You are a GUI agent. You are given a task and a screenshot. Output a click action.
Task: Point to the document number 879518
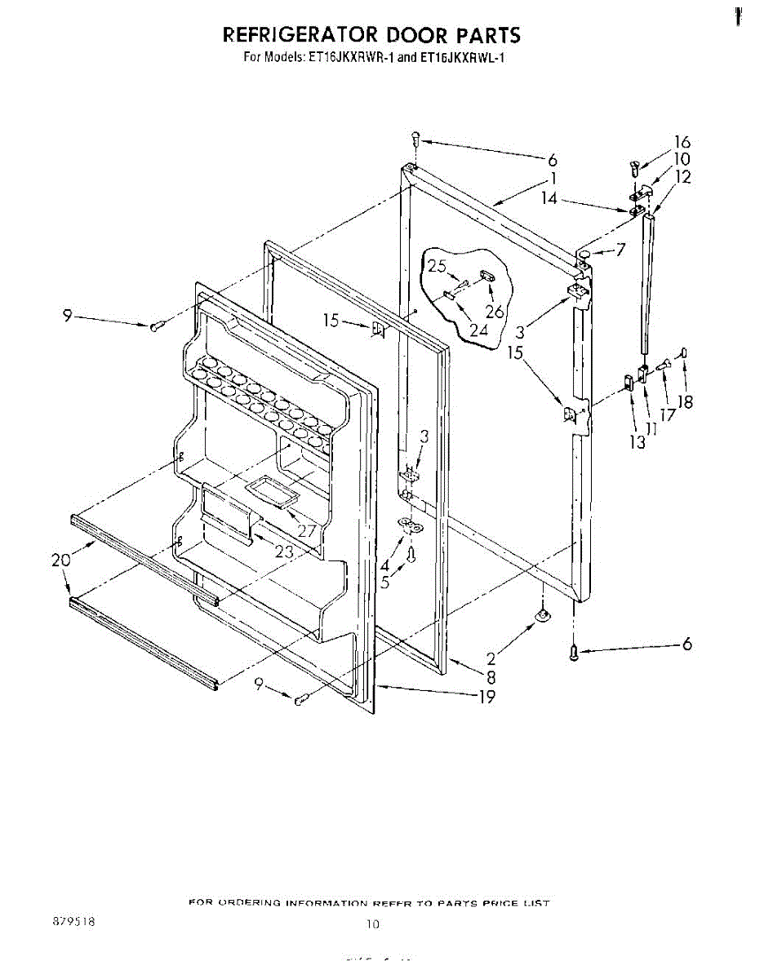coord(73,921)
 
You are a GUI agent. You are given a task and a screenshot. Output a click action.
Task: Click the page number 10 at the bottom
coord(373,924)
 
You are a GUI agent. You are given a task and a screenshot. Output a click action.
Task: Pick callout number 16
coord(682,143)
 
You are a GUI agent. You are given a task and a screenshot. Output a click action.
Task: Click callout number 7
coord(620,250)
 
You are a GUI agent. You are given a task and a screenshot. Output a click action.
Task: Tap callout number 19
coord(486,698)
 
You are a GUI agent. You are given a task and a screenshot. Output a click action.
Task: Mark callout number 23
coord(283,552)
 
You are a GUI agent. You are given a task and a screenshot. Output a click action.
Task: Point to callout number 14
coord(550,197)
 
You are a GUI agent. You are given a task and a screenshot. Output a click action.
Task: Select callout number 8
coord(491,676)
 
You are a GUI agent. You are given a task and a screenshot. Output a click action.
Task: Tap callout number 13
coord(637,442)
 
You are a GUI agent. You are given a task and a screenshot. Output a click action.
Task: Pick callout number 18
coord(685,401)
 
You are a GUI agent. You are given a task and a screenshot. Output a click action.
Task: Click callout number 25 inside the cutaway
coord(437,266)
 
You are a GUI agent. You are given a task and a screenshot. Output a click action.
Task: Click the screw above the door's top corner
coord(415,139)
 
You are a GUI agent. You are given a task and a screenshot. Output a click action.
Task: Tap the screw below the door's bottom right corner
coord(573,652)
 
